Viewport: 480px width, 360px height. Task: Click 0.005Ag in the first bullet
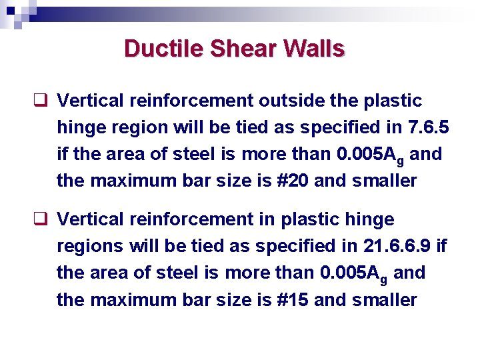(370, 155)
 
